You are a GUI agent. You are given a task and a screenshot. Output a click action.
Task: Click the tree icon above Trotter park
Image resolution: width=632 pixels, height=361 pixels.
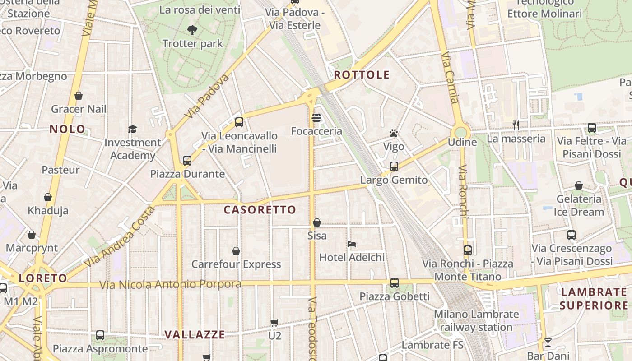[x=192, y=30]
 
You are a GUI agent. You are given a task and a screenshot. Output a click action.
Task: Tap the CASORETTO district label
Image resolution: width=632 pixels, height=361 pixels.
[x=260, y=210]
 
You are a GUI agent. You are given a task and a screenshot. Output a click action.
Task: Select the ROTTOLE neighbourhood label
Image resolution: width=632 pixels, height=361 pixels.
[x=362, y=75]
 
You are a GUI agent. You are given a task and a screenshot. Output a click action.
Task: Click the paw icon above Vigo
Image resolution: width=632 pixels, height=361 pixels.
[x=394, y=133]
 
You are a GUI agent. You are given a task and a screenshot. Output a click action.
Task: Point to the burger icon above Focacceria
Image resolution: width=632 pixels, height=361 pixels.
[x=316, y=118]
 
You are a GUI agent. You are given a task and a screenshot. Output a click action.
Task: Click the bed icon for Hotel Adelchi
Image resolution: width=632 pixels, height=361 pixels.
[x=352, y=244]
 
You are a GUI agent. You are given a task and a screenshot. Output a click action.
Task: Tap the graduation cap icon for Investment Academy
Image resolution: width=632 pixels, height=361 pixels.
[x=132, y=129]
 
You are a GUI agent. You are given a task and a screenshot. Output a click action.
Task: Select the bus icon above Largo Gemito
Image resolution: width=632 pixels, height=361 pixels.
[x=394, y=167]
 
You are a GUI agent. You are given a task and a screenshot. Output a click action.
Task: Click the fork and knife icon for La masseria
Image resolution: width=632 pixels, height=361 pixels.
[x=516, y=125]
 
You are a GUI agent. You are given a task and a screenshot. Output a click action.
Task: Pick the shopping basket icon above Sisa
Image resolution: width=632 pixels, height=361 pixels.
[x=317, y=222]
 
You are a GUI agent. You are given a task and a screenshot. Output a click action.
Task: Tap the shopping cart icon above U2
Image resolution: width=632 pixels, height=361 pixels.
[x=274, y=323]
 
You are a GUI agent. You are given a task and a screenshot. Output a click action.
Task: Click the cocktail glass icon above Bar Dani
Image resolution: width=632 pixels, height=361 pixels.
[x=548, y=342]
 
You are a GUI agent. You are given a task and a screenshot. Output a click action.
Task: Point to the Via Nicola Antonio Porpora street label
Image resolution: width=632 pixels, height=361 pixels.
[x=170, y=285]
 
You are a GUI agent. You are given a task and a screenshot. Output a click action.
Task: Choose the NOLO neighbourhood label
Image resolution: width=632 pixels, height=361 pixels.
[x=67, y=130]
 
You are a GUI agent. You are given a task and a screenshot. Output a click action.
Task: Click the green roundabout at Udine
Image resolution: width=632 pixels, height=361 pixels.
[x=460, y=132]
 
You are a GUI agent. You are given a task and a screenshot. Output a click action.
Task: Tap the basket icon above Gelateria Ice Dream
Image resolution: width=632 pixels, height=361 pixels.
[x=579, y=185]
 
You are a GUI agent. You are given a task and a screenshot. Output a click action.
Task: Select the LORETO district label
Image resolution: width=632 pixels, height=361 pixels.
[x=43, y=278]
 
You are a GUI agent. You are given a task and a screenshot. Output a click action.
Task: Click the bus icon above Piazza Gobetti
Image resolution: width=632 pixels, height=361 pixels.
[x=395, y=283]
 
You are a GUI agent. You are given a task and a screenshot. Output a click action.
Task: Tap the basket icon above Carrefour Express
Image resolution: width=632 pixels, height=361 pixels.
[x=236, y=251]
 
